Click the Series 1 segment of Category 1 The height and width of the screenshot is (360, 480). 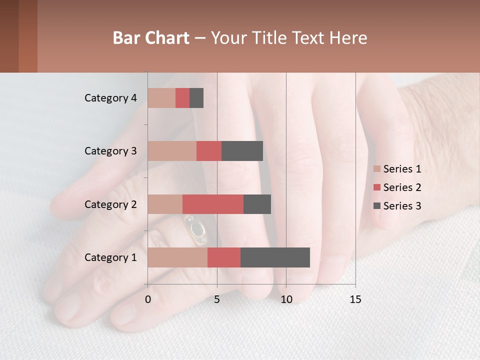point(177,257)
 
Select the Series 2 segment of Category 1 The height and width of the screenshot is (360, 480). point(224,257)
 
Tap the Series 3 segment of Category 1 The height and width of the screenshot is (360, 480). point(275,257)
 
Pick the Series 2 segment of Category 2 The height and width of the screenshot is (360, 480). point(213,204)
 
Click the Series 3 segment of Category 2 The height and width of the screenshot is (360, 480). point(257,204)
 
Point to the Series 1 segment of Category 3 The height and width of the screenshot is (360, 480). point(172,151)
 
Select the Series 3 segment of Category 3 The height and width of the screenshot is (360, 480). point(242,151)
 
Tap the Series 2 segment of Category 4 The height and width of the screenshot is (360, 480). point(182,98)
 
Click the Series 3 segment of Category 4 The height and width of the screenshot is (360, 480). point(196,98)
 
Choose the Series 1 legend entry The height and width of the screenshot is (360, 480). point(397,169)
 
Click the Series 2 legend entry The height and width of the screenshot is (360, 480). point(397,187)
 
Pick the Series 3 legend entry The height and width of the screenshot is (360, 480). point(397,206)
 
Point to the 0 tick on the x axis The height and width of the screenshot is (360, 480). point(148,299)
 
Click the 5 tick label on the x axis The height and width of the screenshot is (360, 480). point(217,299)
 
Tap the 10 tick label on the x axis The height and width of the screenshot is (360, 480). point(286,299)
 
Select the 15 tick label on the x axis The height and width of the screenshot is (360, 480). point(355,299)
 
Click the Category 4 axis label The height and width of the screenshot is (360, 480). point(110,98)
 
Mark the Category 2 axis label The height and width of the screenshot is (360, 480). point(110,204)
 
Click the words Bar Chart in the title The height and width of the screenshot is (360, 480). point(151,38)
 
